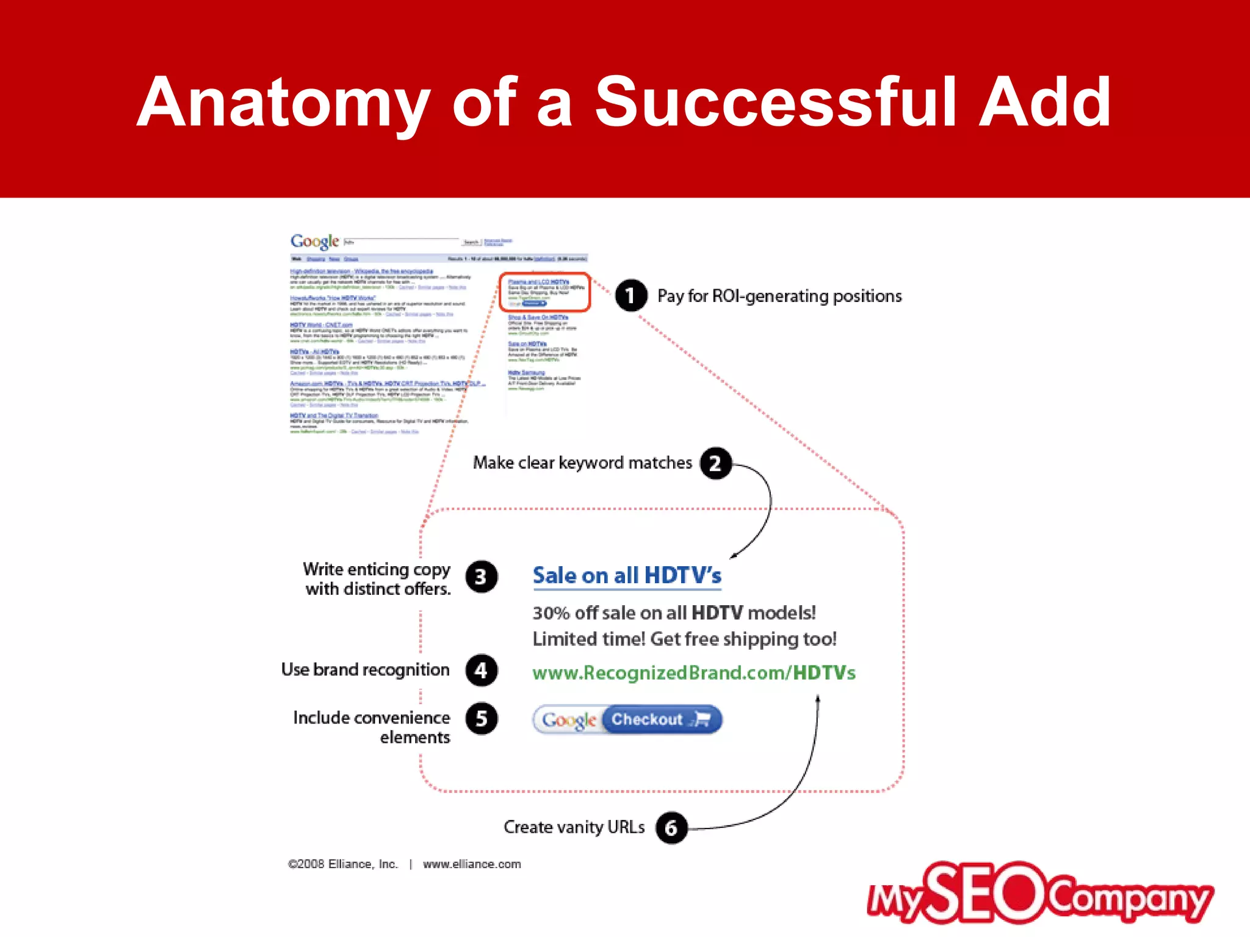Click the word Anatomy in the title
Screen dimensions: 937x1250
282,102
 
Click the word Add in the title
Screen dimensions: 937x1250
1044,102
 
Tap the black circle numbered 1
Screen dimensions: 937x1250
630,296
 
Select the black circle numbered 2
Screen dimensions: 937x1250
715,464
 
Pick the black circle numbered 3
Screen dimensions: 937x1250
481,576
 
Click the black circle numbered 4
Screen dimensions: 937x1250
481,670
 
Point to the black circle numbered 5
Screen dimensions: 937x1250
481,719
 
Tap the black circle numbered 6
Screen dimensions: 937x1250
671,828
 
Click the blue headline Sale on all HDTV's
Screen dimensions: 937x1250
627,576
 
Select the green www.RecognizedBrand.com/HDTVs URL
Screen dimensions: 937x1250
694,673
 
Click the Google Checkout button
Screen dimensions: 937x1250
627,720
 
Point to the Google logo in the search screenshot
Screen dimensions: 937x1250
314,242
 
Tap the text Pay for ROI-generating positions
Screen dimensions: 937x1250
779,296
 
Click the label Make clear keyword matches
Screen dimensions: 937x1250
582,463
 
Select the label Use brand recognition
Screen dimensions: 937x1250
365,670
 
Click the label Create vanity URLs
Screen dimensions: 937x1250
574,827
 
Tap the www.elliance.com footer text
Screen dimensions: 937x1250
472,864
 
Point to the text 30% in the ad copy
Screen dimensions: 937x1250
551,613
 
